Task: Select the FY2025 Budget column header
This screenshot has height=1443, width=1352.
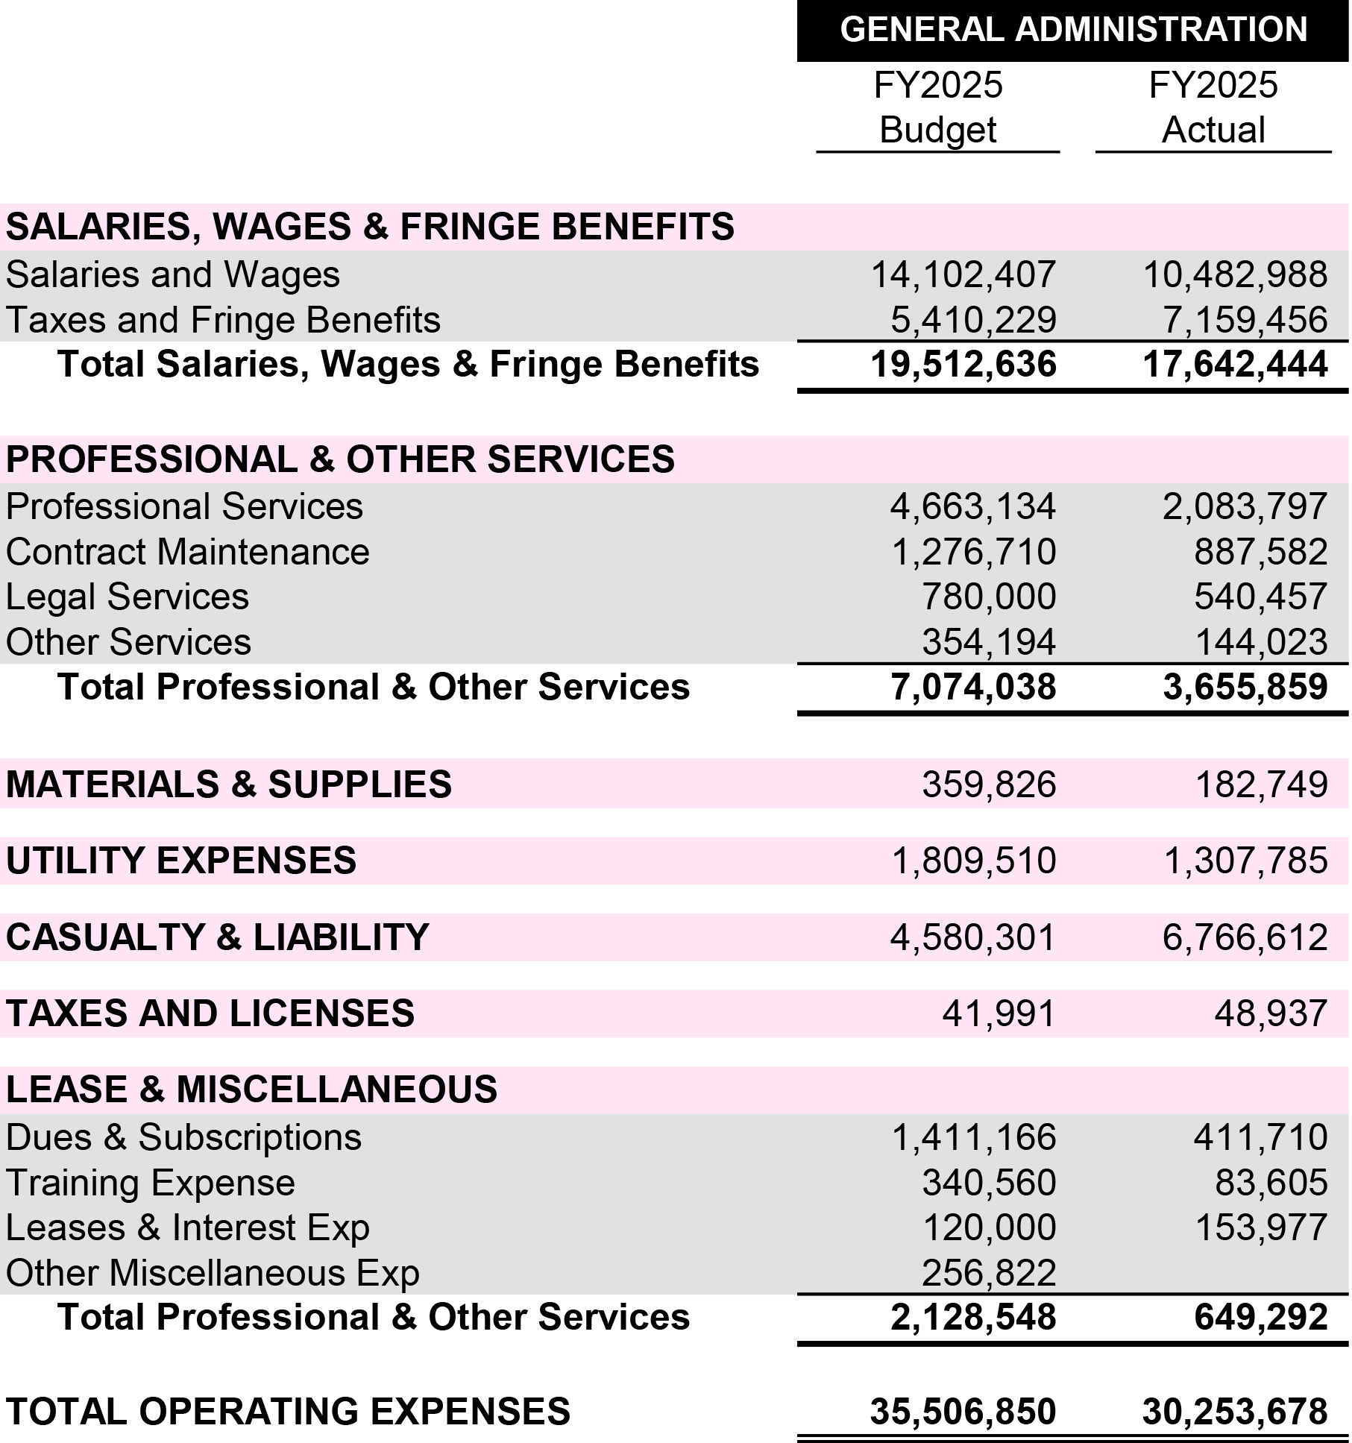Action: pyautogui.click(x=937, y=107)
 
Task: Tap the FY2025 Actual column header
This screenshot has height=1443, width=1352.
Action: pyautogui.click(x=1213, y=107)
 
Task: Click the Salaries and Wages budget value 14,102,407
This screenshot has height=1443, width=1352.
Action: pyautogui.click(x=963, y=274)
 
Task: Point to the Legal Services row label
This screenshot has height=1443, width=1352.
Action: pyautogui.click(x=127, y=597)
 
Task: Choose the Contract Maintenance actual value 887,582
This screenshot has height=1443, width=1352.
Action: pyautogui.click(x=1260, y=552)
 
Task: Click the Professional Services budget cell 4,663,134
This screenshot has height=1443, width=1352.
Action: pyautogui.click(x=972, y=506)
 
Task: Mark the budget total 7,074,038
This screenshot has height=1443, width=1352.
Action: pyautogui.click(x=972, y=687)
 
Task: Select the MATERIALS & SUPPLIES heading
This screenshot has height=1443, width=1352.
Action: pyautogui.click(x=228, y=785)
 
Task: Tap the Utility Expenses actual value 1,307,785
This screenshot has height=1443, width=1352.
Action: pyautogui.click(x=1245, y=861)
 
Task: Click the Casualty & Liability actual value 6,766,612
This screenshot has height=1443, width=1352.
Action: pyautogui.click(x=1245, y=937)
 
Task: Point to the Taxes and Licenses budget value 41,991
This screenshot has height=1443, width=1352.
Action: pyautogui.click(x=999, y=1013)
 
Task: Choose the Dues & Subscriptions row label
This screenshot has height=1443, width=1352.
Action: pyautogui.click(x=183, y=1137)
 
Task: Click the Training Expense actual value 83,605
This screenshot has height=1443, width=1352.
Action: pyautogui.click(x=1271, y=1183)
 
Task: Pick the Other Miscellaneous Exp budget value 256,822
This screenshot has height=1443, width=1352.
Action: pyautogui.click(x=989, y=1273)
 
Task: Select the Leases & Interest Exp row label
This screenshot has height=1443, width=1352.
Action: pyautogui.click(x=187, y=1227)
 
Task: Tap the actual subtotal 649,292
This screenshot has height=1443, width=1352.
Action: pyautogui.click(x=1260, y=1317)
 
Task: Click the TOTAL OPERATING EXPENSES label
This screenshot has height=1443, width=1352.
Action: pyautogui.click(x=288, y=1412)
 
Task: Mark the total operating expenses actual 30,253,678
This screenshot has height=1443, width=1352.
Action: pyautogui.click(x=1234, y=1412)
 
